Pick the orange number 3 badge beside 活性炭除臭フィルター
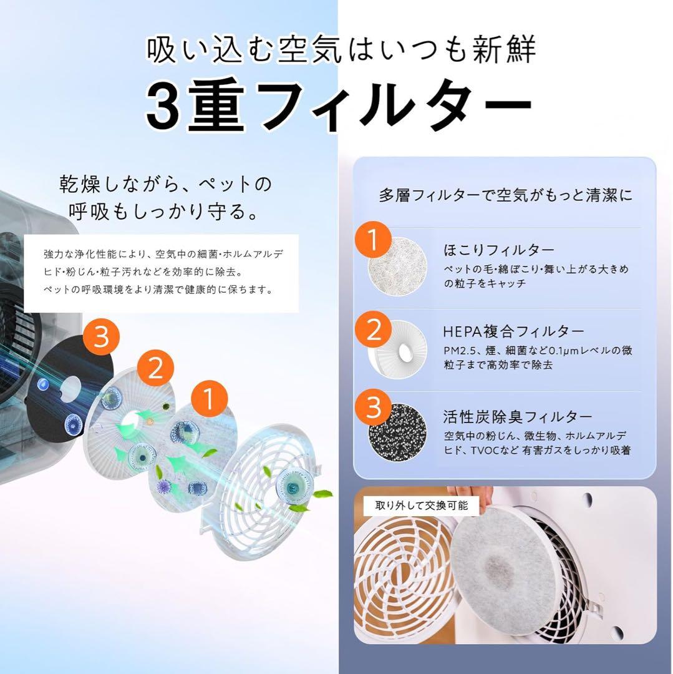[x=373, y=409]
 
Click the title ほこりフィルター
[x=490, y=250]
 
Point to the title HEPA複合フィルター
[x=513, y=331]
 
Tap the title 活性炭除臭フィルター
[x=518, y=416]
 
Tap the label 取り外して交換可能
[x=422, y=506]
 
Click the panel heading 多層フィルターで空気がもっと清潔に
[x=505, y=195]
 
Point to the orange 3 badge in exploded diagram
[x=102, y=338]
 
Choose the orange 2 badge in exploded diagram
[x=155, y=368]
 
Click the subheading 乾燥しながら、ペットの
[x=165, y=185]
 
